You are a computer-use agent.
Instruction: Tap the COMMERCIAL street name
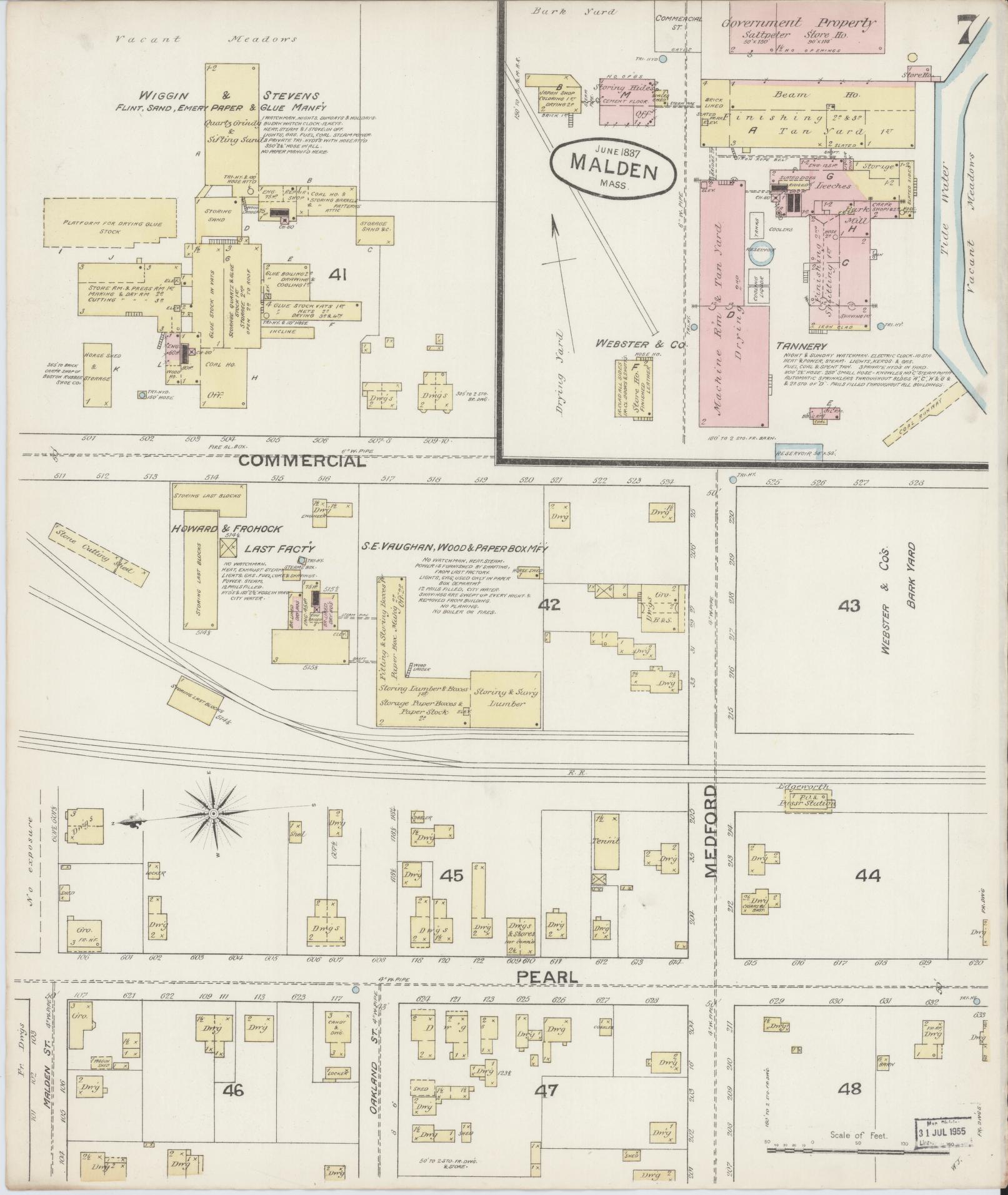pos(302,461)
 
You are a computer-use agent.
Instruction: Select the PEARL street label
pos(547,977)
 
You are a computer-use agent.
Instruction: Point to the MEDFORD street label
pos(712,830)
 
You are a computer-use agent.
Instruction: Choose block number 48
pos(850,1089)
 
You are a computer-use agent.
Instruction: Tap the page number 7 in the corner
pos(971,31)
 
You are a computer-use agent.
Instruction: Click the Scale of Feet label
pos(859,1135)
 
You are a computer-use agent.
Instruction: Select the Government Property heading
pos(798,23)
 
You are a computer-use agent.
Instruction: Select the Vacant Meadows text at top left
pos(207,39)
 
